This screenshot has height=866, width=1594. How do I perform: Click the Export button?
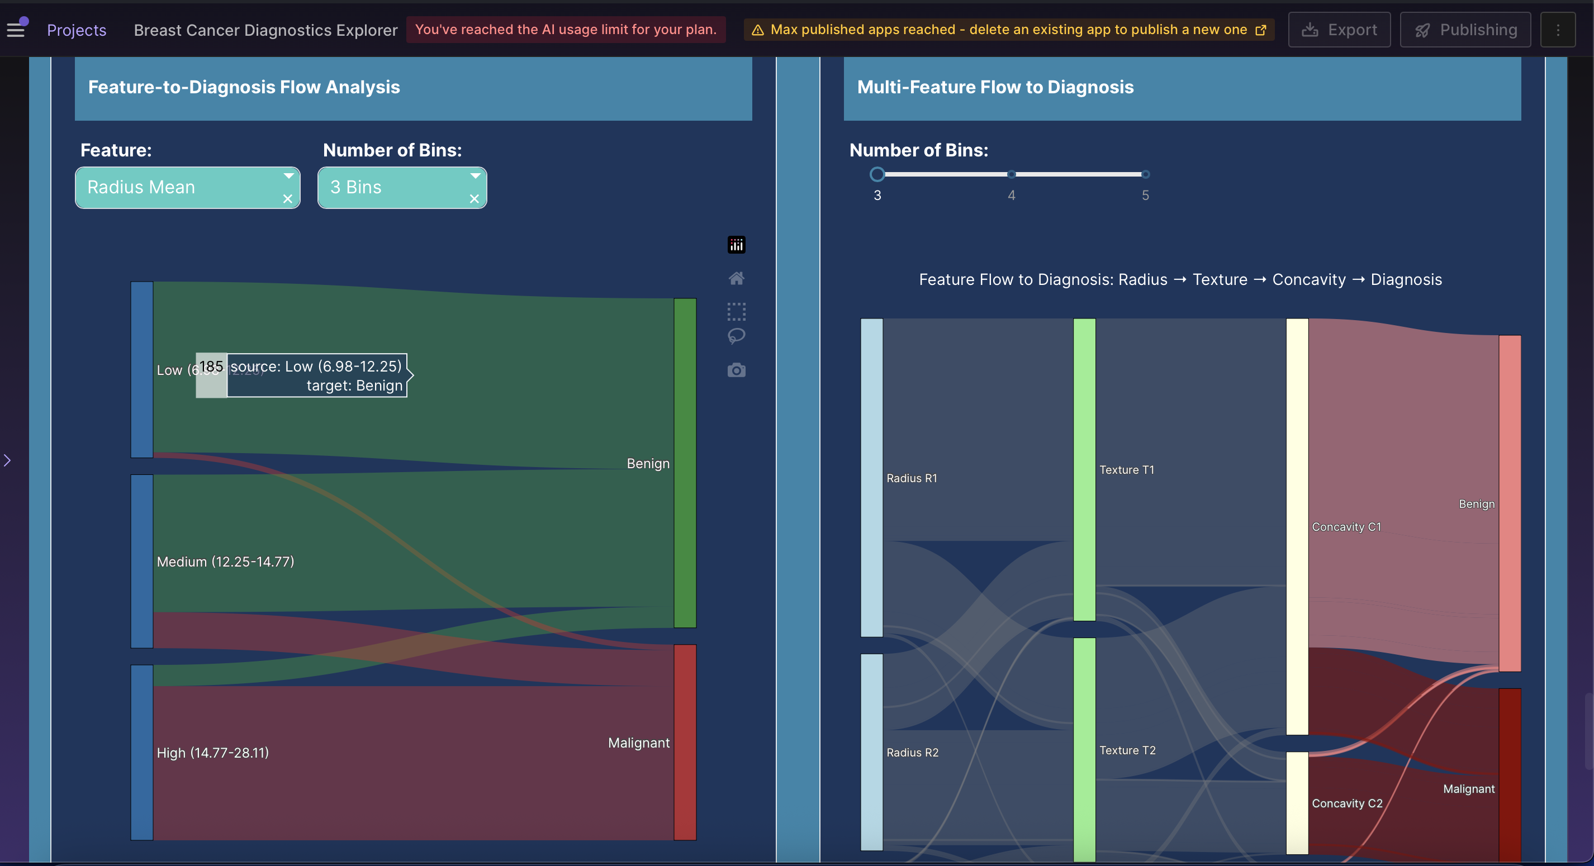pyautogui.click(x=1339, y=30)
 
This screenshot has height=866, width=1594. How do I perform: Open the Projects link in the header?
pyautogui.click(x=77, y=30)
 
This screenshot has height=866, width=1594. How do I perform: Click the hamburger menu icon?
pyautogui.click(x=16, y=28)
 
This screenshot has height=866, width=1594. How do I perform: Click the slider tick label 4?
pyautogui.click(x=1011, y=196)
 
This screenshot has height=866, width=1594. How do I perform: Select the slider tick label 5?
pyautogui.click(x=1145, y=196)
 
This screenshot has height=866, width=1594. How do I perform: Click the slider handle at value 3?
pyautogui.click(x=877, y=174)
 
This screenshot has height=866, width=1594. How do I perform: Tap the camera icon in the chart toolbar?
pyautogui.click(x=737, y=370)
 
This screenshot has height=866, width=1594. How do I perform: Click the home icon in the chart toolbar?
pyautogui.click(x=737, y=278)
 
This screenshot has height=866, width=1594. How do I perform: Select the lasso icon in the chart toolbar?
pyautogui.click(x=737, y=336)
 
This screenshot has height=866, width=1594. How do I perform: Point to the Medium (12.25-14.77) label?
pyautogui.click(x=225, y=562)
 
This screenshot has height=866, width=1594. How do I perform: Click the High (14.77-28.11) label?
pyautogui.click(x=213, y=753)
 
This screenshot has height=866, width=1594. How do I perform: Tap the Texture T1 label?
pyautogui.click(x=1126, y=470)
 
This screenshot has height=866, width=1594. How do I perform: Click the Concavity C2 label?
pyautogui.click(x=1346, y=803)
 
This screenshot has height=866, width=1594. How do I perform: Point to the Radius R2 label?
pyautogui.click(x=912, y=753)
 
